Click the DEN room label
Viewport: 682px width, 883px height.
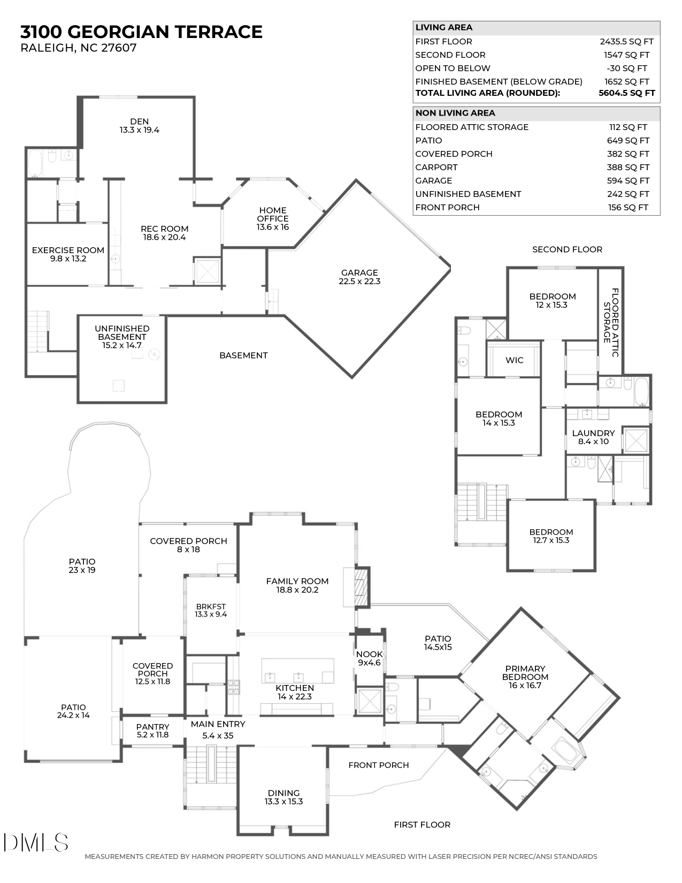pos(139,125)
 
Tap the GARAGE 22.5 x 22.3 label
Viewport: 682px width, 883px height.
pos(359,277)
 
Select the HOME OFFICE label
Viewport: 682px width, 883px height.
pos(273,218)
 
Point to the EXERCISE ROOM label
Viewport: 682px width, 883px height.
pos(68,254)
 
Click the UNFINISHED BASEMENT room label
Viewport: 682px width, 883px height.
pos(122,337)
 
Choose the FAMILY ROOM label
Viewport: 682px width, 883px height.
pos(297,585)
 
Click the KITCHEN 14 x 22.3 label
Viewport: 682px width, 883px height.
pos(295,692)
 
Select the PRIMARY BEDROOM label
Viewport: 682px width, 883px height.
pos(525,676)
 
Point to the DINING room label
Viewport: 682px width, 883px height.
pos(283,797)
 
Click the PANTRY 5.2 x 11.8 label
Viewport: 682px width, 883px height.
pos(152,730)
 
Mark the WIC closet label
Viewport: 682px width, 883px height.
pos(514,360)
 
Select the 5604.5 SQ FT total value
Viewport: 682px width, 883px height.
pos(626,93)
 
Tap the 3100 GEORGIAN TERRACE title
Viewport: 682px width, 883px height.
pos(141,32)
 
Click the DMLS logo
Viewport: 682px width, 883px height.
pos(35,842)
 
